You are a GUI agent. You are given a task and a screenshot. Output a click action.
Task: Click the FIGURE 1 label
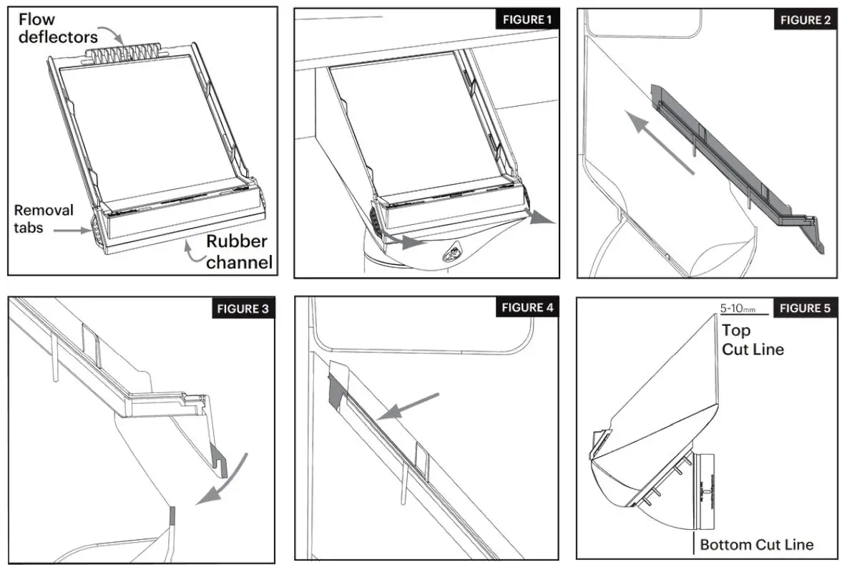(x=527, y=19)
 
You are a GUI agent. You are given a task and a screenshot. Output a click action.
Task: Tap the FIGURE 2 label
(x=805, y=19)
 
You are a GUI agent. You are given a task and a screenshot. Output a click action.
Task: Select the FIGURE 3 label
(x=243, y=309)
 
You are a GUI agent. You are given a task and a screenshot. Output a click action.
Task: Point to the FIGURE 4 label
(x=527, y=307)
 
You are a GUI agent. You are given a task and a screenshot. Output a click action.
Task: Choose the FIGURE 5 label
(x=805, y=308)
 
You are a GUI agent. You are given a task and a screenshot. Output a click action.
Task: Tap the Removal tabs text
(x=44, y=219)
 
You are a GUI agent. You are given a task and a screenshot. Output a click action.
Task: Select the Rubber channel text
(x=240, y=252)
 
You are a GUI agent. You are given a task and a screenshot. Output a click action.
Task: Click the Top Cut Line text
(x=752, y=340)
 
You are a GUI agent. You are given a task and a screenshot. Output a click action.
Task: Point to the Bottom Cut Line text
(x=756, y=545)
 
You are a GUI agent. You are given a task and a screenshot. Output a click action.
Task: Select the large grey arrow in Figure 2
(x=660, y=142)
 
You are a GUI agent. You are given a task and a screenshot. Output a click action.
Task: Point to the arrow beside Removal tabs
(x=72, y=231)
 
